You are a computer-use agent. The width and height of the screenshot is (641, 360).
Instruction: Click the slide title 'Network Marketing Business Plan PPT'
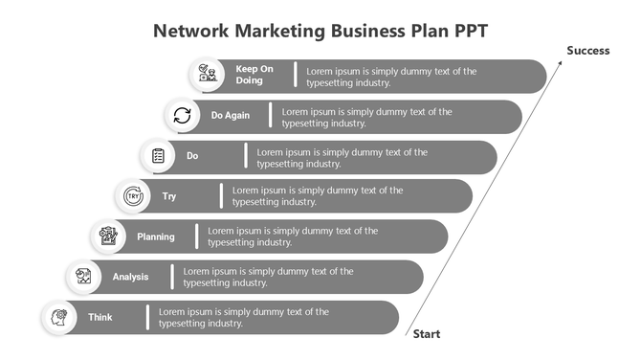pyautogui.click(x=320, y=30)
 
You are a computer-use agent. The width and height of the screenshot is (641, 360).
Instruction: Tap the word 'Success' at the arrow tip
pyautogui.click(x=587, y=50)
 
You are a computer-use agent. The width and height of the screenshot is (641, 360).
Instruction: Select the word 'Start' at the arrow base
pyautogui.click(x=427, y=334)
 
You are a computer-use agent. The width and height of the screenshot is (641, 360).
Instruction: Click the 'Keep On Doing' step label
pyautogui.click(x=254, y=75)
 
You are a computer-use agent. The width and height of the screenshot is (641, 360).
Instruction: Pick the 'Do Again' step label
pyautogui.click(x=231, y=116)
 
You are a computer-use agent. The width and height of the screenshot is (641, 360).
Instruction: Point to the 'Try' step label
pyautogui.click(x=169, y=196)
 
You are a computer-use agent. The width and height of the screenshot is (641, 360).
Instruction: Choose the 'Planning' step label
pyautogui.click(x=156, y=236)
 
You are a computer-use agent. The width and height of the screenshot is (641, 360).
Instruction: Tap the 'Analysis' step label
pyautogui.click(x=131, y=277)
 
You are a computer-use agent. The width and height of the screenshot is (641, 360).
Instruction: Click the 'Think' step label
pyautogui.click(x=100, y=317)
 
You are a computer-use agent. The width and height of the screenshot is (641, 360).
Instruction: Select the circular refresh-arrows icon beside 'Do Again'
pyautogui.click(x=182, y=116)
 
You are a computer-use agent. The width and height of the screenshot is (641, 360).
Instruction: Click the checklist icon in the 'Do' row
pyautogui.click(x=158, y=155)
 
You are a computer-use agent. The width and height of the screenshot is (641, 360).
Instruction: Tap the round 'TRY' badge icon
pyautogui.click(x=133, y=196)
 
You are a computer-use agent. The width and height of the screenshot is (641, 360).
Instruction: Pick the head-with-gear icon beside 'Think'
pyautogui.click(x=59, y=317)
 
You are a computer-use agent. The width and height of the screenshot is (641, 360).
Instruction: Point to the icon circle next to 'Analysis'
pyautogui.click(x=84, y=277)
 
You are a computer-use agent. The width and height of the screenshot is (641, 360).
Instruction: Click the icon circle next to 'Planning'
pyautogui.click(x=108, y=236)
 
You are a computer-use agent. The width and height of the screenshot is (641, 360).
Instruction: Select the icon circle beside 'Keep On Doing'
pyautogui.click(x=207, y=75)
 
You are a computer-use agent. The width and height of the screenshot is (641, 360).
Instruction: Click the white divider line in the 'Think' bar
pyautogui.click(x=147, y=317)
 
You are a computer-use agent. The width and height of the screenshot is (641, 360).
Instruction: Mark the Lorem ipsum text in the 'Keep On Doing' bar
pyautogui.click(x=391, y=76)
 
